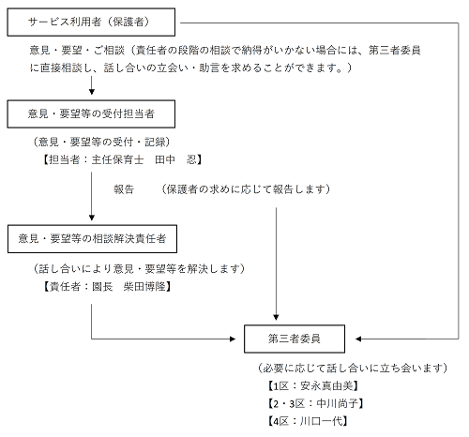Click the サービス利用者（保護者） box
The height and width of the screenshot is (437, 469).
(91, 23)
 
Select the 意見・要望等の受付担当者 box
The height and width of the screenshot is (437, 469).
(91, 114)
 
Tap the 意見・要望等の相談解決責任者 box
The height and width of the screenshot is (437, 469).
(92, 239)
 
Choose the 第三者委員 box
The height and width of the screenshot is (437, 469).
(295, 339)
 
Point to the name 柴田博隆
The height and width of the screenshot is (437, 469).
(144, 286)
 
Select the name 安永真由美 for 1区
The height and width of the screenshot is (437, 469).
(326, 386)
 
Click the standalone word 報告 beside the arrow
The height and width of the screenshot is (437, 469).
(124, 189)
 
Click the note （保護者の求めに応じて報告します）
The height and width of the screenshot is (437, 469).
(246, 189)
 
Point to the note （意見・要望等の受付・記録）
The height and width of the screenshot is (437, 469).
(101, 143)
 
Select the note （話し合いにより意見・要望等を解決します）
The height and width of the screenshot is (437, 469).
(139, 269)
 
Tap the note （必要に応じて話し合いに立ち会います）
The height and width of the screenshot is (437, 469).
(353, 369)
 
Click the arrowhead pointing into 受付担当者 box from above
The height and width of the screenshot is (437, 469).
(92, 92)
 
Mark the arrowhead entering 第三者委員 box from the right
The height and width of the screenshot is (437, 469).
(358, 339)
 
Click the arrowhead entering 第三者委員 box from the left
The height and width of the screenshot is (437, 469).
(233, 339)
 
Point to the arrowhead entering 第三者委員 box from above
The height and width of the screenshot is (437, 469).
(276, 317)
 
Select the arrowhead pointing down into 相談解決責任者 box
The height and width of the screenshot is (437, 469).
(92, 218)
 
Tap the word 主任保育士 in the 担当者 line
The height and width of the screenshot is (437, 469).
(117, 159)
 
